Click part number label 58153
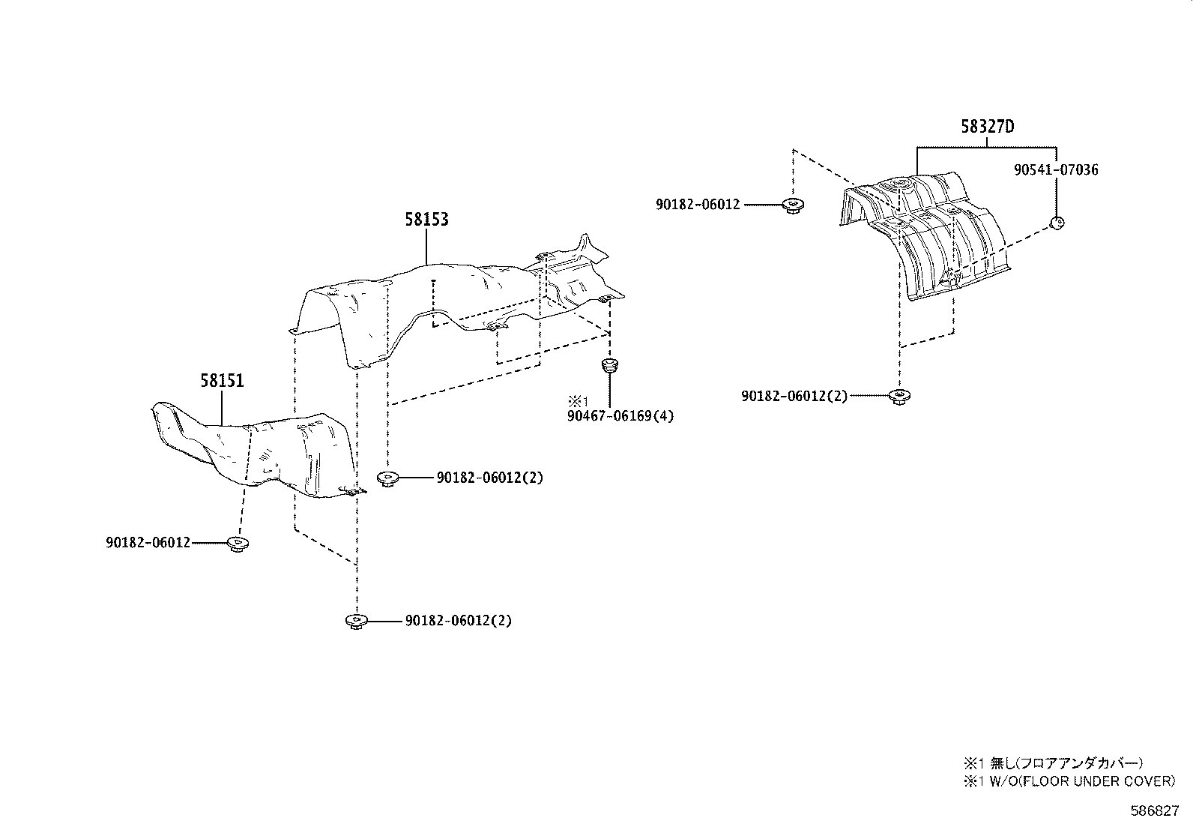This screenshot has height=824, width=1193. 426,219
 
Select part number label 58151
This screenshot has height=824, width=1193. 222,381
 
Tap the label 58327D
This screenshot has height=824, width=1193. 987,127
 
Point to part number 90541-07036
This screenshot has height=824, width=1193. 1056,170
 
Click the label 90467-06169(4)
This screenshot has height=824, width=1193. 621,415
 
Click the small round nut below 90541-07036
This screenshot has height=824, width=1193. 1057,222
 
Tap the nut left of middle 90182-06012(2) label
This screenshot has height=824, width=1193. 387,478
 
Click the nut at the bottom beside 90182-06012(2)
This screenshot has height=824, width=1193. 356,621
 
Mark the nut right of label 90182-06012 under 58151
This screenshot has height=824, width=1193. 238,543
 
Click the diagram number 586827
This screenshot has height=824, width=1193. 1155,811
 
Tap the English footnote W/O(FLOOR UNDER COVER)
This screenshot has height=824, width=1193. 1069,781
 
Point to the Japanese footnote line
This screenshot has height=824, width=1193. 1053,763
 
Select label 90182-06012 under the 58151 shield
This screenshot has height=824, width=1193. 148,542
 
